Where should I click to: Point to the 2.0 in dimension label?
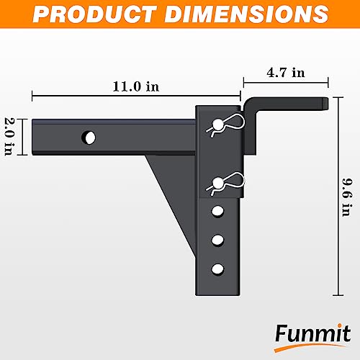click(x=10, y=136)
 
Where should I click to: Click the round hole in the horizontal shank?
click(x=89, y=136)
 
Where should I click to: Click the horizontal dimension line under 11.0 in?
click(x=135, y=94)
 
